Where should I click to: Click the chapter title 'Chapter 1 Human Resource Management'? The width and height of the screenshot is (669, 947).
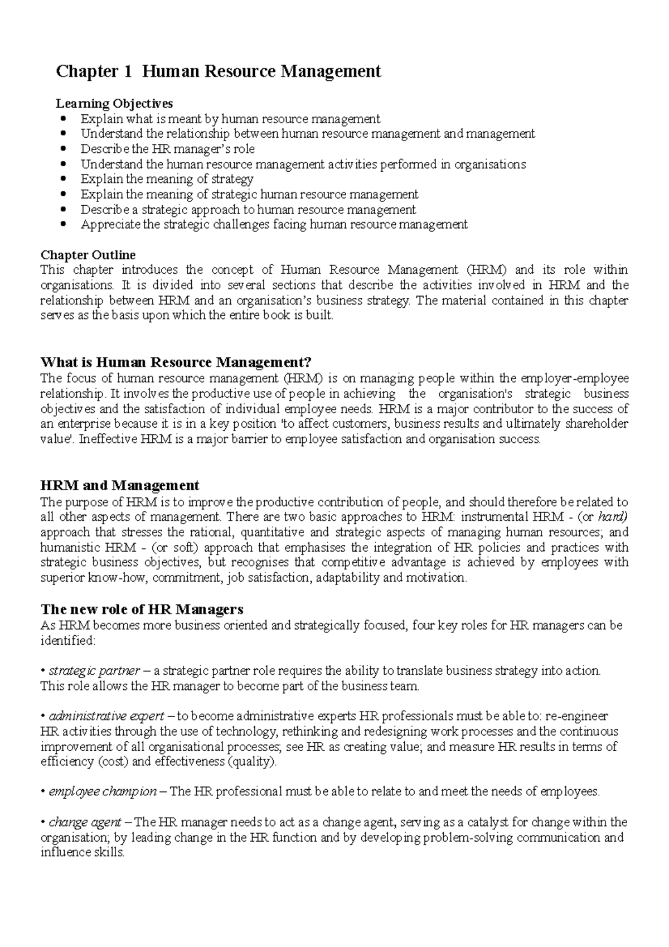pyautogui.click(x=218, y=72)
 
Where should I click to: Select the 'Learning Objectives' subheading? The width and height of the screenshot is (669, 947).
pyautogui.click(x=114, y=104)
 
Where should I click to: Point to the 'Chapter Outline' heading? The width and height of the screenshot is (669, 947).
pyautogui.click(x=88, y=255)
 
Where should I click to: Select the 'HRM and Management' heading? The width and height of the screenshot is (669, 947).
pyautogui.click(x=120, y=485)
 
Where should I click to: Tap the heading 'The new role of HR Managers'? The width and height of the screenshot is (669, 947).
pyautogui.click(x=142, y=609)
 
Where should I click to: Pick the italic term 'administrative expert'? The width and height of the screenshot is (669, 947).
pyautogui.click(x=106, y=716)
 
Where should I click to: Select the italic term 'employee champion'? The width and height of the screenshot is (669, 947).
pyautogui.click(x=103, y=791)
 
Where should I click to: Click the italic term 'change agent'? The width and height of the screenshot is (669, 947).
pyautogui.click(x=85, y=822)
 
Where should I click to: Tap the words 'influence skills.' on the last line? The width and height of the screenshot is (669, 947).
pyautogui.click(x=83, y=852)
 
